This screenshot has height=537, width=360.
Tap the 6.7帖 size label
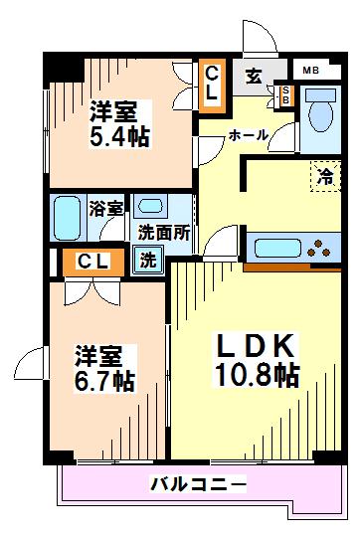pos(104,381)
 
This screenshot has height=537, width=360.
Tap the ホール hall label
pos(248,134)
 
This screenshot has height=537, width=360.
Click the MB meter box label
pos(311,70)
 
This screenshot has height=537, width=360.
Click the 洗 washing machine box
pos(146,263)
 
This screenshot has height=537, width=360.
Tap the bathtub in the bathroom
pos(68,214)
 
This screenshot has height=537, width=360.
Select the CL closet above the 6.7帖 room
pos(92,263)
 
